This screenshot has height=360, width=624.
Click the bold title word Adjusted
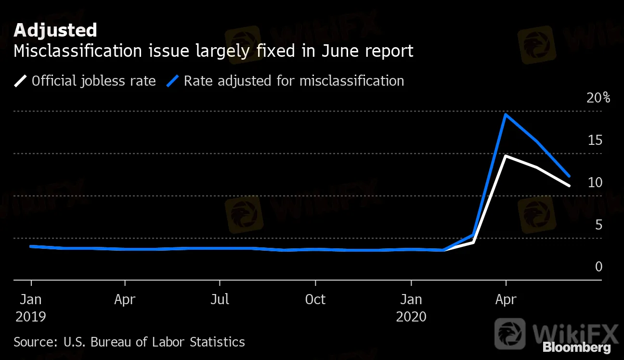pyautogui.click(x=55, y=30)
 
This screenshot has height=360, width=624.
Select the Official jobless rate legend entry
pyautogui.click(x=93, y=80)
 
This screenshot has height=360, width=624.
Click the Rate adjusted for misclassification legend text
pyautogui.click(x=294, y=80)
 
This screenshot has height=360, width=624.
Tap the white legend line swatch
pyautogui.click(x=21, y=80)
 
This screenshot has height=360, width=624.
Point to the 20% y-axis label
pyautogui.click(x=598, y=98)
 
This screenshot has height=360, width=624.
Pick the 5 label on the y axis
pyautogui.click(x=598, y=225)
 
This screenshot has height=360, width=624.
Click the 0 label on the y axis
pyautogui.click(x=598, y=267)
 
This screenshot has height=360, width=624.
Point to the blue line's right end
pyautogui.click(x=570, y=176)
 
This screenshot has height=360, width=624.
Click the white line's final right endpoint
pyautogui.click(x=570, y=185)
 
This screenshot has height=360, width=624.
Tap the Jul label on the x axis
pyautogui.click(x=220, y=299)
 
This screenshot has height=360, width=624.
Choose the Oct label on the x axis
pyautogui.click(x=315, y=299)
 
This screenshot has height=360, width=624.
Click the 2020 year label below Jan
pyautogui.click(x=411, y=317)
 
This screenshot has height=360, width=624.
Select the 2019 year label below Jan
pyautogui.click(x=30, y=317)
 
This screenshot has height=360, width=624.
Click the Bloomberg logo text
pyautogui.click(x=576, y=347)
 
